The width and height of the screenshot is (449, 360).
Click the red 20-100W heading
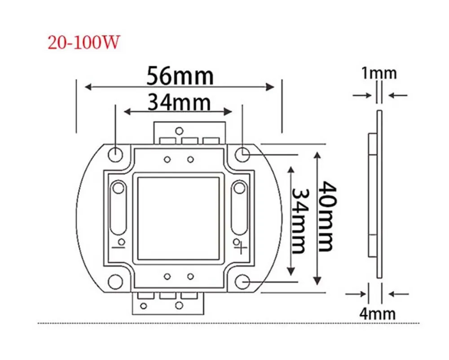[84, 43]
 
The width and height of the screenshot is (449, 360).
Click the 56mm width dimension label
[180, 76]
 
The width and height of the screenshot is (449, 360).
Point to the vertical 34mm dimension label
[300, 221]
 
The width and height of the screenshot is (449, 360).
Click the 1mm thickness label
[379, 73]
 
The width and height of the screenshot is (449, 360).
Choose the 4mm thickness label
[378, 313]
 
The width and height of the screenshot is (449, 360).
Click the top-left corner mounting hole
[115, 154]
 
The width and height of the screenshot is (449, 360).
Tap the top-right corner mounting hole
[242, 154]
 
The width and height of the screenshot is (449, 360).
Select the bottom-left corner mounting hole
[115, 281]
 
